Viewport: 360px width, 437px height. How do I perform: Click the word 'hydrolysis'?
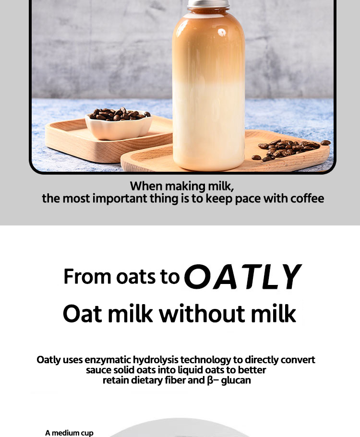click(155, 360)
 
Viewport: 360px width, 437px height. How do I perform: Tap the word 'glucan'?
click(236, 380)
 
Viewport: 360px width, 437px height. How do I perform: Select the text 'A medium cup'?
click(69, 433)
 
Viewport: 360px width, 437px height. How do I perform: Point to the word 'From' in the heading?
click(83, 277)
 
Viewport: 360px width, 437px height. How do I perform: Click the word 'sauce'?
click(99, 370)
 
